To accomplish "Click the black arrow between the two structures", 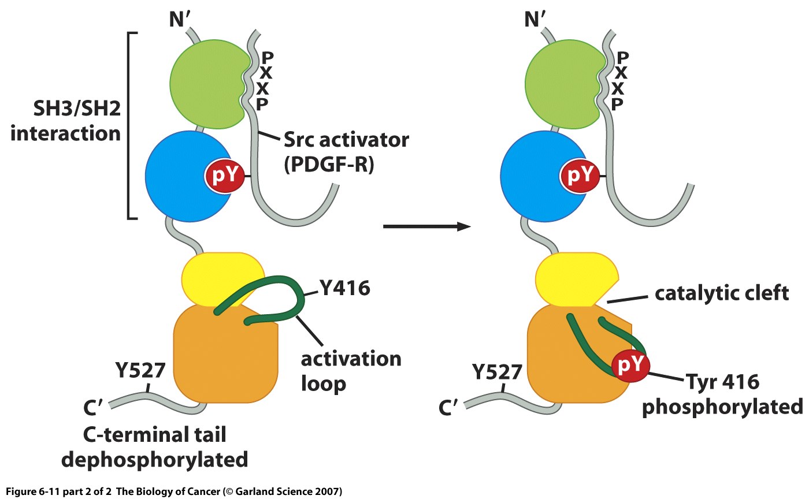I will pyautogui.click(x=425, y=226).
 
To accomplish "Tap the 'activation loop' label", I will pyautogui.click(x=350, y=371).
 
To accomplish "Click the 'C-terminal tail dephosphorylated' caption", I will pyautogui.click(x=155, y=446).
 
